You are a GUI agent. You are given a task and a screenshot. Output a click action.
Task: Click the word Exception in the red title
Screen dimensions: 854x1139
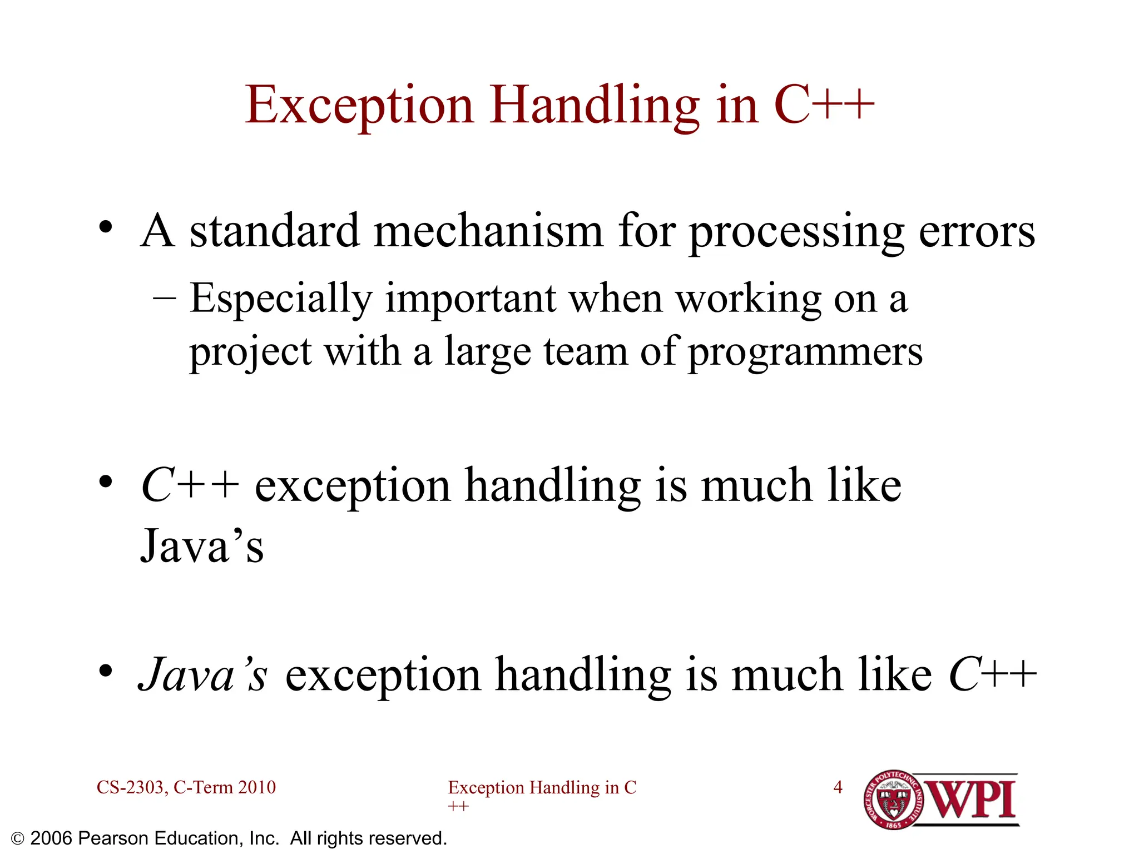(359, 106)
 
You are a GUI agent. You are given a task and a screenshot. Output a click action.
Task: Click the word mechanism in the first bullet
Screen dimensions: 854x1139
(488, 231)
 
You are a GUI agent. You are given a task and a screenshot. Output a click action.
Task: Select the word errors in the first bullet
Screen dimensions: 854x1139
(977, 231)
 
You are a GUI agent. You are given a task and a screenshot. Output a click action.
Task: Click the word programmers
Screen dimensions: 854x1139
(805, 352)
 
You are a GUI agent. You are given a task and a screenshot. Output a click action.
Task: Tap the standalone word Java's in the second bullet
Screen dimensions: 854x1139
(202, 546)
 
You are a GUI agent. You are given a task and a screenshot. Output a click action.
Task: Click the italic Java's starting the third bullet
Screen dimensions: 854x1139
(203, 675)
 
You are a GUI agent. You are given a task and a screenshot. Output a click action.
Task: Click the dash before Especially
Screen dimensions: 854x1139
(165, 299)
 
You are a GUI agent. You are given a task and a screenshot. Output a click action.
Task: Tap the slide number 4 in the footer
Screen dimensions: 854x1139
(838, 787)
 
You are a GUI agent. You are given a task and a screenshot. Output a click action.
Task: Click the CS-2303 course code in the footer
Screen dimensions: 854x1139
(131, 787)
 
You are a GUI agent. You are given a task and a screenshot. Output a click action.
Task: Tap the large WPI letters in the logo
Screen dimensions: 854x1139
(972, 800)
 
